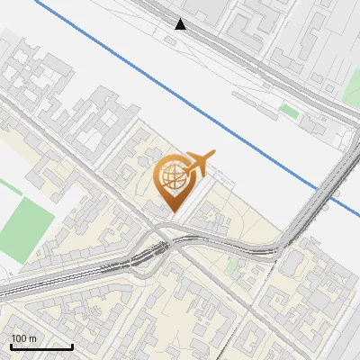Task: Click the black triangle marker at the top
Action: (181, 24)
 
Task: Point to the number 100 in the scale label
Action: (19, 338)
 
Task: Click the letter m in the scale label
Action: (32, 338)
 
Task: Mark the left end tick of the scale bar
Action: (11, 346)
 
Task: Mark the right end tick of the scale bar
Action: (72, 346)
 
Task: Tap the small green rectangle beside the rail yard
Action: (288, 110)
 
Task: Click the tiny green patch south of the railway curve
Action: (233, 265)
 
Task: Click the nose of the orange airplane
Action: (213, 154)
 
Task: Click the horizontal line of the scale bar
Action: (41, 346)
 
